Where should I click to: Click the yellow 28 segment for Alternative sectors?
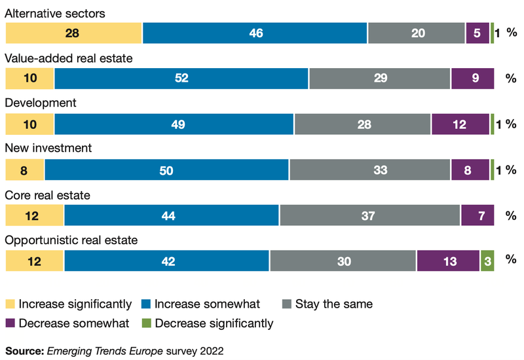[x=73, y=33]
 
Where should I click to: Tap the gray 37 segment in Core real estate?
[x=369, y=215]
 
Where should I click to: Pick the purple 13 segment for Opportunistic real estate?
[x=448, y=260]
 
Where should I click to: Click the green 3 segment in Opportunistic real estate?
[x=487, y=260]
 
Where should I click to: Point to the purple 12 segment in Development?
[x=460, y=124]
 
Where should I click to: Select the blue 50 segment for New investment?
[x=166, y=169]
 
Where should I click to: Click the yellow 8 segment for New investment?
[x=25, y=169]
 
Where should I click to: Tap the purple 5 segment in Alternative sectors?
[x=477, y=33]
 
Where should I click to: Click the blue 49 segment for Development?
[x=174, y=124]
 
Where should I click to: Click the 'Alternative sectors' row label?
[x=55, y=13]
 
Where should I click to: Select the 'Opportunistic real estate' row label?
[x=71, y=240]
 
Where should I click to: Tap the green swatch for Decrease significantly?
[x=146, y=323]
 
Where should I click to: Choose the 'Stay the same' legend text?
[x=333, y=304]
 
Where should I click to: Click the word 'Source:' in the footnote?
[x=24, y=350]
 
